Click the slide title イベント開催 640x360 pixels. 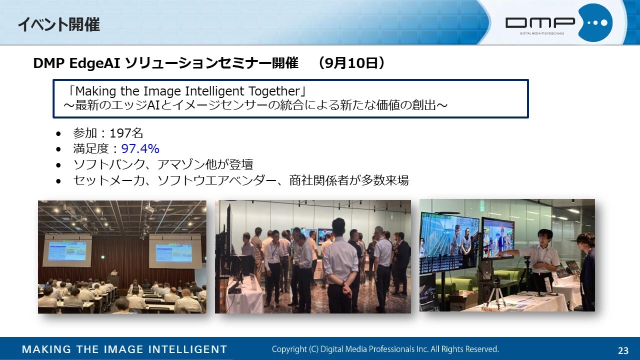[59, 24]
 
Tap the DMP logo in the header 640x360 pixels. [558, 23]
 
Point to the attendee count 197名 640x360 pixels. [126, 133]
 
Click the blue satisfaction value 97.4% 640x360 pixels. [140, 149]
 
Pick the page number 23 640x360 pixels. [623, 350]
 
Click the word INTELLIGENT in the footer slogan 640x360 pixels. [187, 349]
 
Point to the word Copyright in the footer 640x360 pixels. [289, 349]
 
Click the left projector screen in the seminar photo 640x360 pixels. [67, 251]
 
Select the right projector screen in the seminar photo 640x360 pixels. [174, 252]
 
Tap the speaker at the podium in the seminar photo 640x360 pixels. [114, 273]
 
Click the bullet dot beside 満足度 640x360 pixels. [58, 149]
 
